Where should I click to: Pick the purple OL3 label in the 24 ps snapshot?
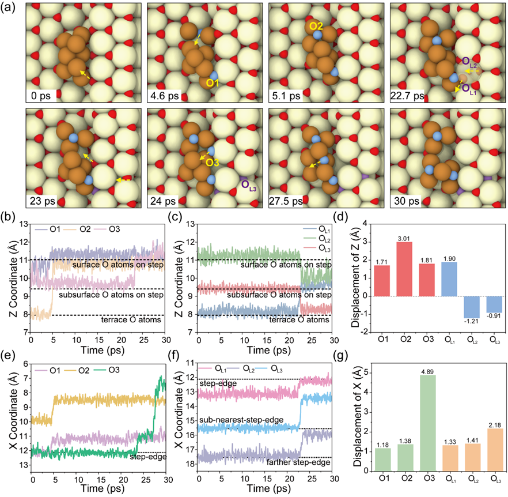251,186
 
